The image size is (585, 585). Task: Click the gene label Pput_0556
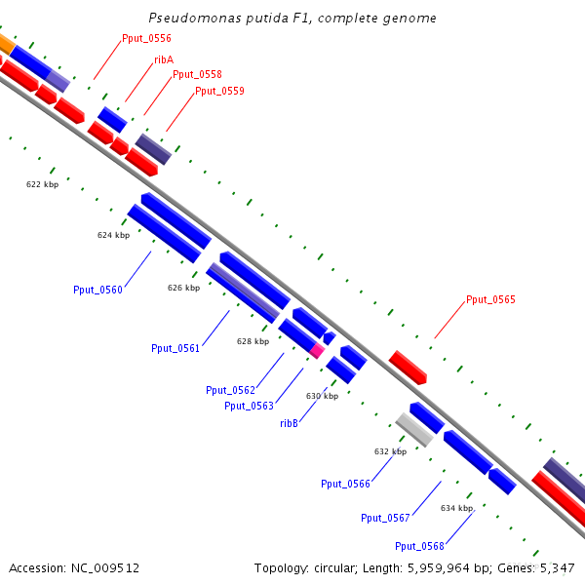click(x=146, y=39)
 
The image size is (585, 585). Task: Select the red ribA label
click(x=164, y=59)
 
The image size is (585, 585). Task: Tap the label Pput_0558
click(x=197, y=74)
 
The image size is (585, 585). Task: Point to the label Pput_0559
click(x=219, y=91)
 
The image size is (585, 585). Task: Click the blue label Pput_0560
click(x=97, y=290)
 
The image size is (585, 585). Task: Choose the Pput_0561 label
click(x=175, y=348)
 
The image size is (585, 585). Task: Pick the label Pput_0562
click(x=230, y=390)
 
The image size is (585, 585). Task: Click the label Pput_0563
click(x=249, y=406)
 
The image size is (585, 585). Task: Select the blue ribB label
click(x=289, y=423)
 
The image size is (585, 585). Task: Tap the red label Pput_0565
click(x=490, y=300)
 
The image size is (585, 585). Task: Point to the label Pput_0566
click(x=345, y=484)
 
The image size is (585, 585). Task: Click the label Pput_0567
click(x=385, y=518)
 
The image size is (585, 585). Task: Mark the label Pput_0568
click(x=419, y=546)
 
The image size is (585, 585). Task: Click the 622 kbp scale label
click(x=42, y=183)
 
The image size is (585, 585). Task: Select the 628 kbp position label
click(x=253, y=341)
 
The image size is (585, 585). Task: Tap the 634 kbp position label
click(x=456, y=508)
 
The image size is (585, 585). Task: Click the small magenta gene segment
click(x=317, y=349)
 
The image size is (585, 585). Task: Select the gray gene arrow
click(x=414, y=429)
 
